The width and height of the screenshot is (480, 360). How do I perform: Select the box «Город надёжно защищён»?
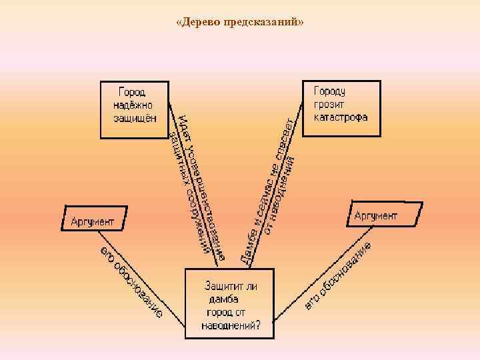point(134,109)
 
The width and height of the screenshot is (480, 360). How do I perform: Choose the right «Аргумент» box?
point(384,215)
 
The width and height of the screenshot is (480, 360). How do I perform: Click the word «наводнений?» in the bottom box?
point(231,326)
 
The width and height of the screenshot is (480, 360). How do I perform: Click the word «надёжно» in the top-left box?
point(133,105)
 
